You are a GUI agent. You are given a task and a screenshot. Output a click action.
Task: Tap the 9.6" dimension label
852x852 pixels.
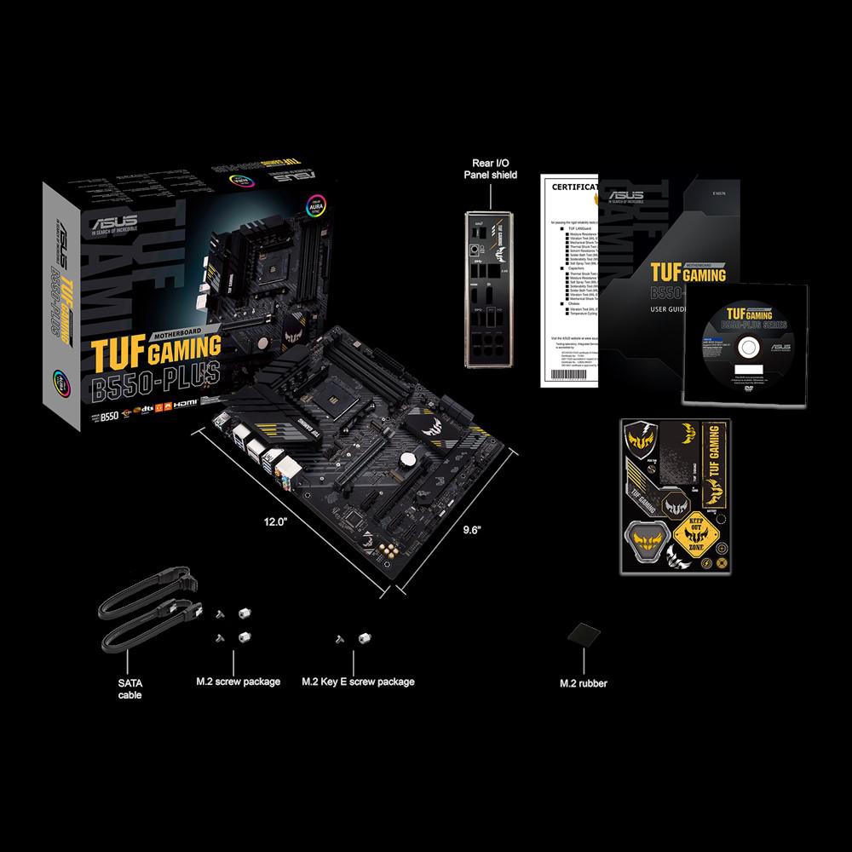[x=472, y=529]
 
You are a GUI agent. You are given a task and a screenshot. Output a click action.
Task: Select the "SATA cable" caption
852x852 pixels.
[x=130, y=688]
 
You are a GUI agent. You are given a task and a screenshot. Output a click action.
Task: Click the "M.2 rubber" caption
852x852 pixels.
[x=584, y=683]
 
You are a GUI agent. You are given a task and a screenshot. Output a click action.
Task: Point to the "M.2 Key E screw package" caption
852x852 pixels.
[x=358, y=682]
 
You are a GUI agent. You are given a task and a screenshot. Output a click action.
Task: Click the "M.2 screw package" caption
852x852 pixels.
[x=237, y=682]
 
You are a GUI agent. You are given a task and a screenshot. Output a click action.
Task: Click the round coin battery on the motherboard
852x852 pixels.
[x=412, y=458]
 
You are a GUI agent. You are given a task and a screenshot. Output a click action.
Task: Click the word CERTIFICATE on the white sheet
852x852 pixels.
[x=564, y=186]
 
